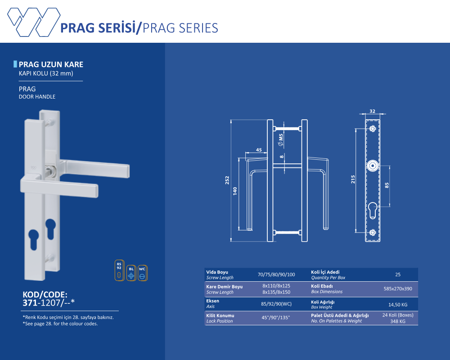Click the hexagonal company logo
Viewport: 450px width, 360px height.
[x=34, y=22]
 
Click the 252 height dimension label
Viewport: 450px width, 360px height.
[x=227, y=180]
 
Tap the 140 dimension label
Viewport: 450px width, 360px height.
[x=235, y=191]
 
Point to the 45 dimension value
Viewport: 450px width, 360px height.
[x=259, y=150]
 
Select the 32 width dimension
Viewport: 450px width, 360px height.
[x=372, y=111]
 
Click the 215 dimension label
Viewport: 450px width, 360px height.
[x=353, y=180]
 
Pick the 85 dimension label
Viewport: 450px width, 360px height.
[x=387, y=185]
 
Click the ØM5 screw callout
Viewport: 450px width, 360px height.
[x=281, y=139]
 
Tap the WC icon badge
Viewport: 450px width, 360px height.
[x=142, y=273]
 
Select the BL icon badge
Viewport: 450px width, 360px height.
[x=131, y=273]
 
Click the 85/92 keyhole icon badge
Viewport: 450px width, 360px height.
[x=119, y=270]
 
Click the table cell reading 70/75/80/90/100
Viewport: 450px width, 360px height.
[x=276, y=274]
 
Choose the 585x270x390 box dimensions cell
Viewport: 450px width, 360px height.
[x=398, y=289]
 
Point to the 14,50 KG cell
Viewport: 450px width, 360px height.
[x=398, y=305]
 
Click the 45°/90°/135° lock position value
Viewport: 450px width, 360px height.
[x=275, y=318]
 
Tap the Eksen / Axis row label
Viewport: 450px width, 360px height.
[x=213, y=303]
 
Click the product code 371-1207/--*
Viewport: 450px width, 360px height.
[x=49, y=302]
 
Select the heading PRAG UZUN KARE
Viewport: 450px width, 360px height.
[x=51, y=64]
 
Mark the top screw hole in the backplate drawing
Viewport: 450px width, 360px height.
[x=373, y=128]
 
